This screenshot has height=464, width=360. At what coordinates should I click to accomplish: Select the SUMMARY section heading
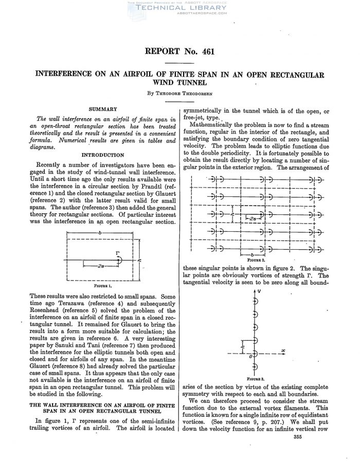pos(103,109)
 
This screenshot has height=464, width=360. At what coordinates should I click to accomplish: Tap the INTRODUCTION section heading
pos(103,154)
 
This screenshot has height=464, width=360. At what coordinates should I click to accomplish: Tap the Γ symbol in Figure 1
pos(117,253)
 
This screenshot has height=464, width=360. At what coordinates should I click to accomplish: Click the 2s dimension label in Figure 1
pos(101,266)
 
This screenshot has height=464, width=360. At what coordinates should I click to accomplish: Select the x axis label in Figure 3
pos(283,351)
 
